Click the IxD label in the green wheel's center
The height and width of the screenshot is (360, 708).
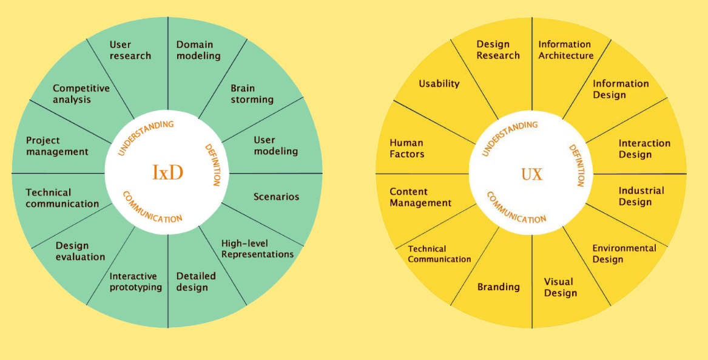(x=167, y=173)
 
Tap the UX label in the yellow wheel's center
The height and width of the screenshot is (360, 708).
(x=532, y=175)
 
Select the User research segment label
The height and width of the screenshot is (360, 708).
(x=130, y=50)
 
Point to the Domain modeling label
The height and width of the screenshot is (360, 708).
(x=198, y=50)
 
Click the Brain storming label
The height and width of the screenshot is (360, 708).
(x=252, y=93)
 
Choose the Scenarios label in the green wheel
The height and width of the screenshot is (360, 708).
(x=276, y=196)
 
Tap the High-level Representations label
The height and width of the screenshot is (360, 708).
(x=257, y=249)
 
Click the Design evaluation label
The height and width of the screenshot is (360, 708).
(x=81, y=251)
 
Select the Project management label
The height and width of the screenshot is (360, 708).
(x=57, y=146)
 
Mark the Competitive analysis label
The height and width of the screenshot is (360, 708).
(x=81, y=93)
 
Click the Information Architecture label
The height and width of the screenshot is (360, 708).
(x=565, y=50)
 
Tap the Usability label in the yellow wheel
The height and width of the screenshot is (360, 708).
(x=439, y=84)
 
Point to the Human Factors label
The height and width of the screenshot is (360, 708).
(x=406, y=149)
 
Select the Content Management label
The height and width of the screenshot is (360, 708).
(x=420, y=197)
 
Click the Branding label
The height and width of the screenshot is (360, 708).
(x=498, y=287)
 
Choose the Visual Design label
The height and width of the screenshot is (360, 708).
(x=560, y=288)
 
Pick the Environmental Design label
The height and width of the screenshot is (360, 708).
(x=624, y=254)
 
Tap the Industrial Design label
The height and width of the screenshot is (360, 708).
(x=641, y=196)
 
